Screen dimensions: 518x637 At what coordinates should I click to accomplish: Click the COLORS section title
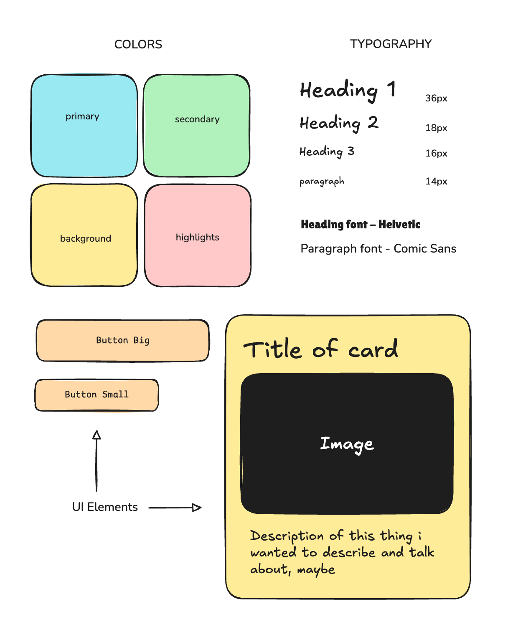[138, 44]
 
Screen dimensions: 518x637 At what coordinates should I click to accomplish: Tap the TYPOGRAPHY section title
[391, 44]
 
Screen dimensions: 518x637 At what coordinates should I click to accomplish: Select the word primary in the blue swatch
[82, 116]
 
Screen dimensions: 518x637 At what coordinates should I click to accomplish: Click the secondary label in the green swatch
[197, 119]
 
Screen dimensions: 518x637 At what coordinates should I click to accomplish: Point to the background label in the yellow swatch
[86, 238]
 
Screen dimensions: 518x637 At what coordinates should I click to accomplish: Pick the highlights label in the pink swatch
[198, 237]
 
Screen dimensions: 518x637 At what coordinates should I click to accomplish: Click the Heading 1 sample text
[348, 91]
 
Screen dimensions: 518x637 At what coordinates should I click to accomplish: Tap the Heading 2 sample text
[339, 123]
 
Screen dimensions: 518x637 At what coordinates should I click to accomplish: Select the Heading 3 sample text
[327, 152]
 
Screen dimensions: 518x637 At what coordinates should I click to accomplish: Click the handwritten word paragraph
[322, 181]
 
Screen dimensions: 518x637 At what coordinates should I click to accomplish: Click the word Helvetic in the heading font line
[399, 224]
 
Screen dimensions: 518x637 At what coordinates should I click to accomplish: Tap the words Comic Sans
[425, 248]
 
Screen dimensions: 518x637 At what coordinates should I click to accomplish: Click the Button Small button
[96, 395]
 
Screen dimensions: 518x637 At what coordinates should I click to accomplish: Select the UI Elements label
[105, 507]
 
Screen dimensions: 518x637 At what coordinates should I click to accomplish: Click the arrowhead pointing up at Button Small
[96, 435]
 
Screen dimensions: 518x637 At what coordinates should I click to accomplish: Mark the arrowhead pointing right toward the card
[197, 508]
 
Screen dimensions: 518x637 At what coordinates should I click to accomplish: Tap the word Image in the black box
[347, 444]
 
